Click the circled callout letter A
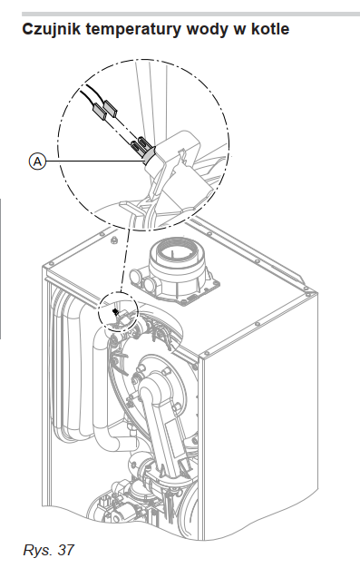coord(38,162)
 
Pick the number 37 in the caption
coord(65,550)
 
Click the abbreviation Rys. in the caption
coord(38,550)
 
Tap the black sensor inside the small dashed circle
coord(115,311)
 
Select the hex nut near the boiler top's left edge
coord(114,239)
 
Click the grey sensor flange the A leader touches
coord(149,156)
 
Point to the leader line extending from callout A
coord(95,162)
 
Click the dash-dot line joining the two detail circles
coord(124,260)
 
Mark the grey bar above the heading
coord(190,15)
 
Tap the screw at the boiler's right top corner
coord(306,289)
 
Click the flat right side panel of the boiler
coord(261,416)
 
